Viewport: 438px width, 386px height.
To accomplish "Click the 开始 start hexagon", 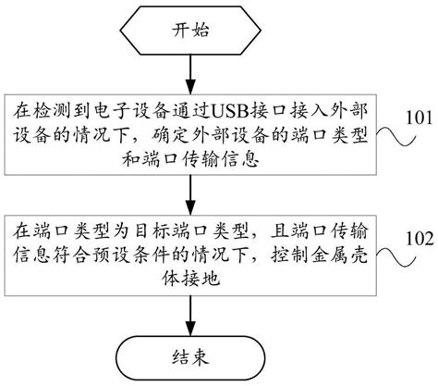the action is coord(190,31).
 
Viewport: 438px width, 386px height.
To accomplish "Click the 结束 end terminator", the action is coord(190,357).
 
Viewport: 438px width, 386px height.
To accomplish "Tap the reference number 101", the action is coord(420,118).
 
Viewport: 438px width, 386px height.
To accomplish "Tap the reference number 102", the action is coord(420,238).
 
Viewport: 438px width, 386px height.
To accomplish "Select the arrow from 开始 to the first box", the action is coord(190,74).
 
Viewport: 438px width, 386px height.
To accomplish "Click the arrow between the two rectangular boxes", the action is coord(190,194).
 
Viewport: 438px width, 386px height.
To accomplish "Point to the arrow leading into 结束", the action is coord(190,316).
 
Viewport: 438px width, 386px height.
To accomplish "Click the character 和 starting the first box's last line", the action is coord(131,160).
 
